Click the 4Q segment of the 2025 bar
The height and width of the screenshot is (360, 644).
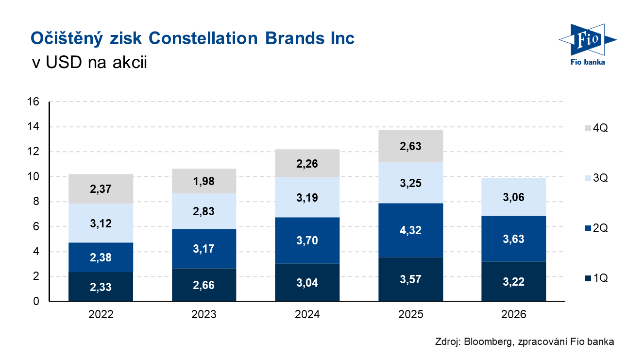tap(411, 146)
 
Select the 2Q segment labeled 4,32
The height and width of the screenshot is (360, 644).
tap(411, 230)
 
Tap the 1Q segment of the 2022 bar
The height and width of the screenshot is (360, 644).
tap(101, 287)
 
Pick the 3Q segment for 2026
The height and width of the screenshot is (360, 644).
tap(514, 197)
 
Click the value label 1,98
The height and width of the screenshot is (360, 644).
tap(204, 181)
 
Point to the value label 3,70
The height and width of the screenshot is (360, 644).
tap(307, 240)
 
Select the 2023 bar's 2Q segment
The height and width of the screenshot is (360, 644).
tap(204, 249)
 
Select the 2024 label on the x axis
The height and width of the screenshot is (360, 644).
tap(307, 315)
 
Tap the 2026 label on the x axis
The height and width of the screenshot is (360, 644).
tap(514, 315)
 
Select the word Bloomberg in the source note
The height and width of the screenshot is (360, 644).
tap(486, 342)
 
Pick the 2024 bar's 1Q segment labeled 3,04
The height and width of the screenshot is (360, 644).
tap(307, 283)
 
